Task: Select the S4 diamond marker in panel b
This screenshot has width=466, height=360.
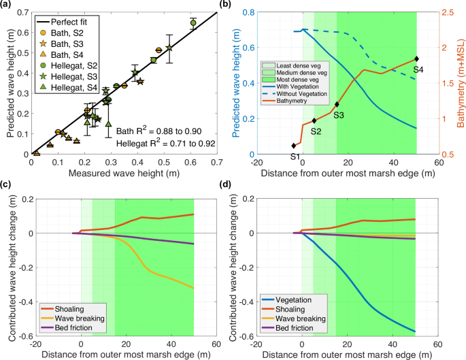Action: [x=416, y=59]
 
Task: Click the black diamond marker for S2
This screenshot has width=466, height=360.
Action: [x=314, y=120]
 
